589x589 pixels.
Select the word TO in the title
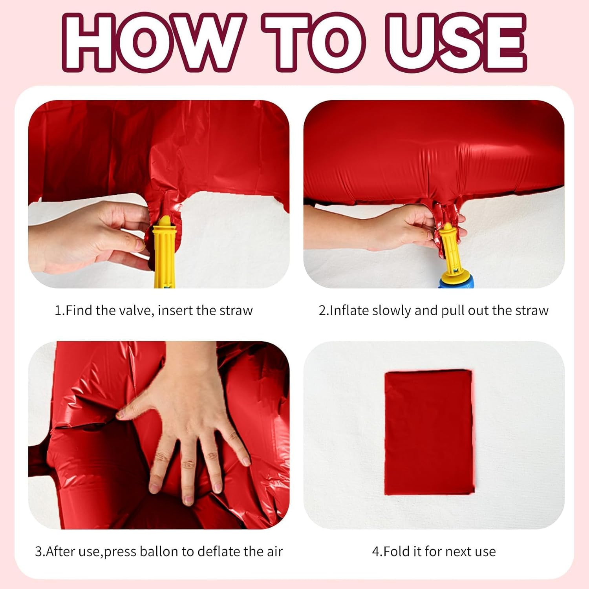coord(314,42)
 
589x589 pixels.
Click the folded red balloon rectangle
coord(429,432)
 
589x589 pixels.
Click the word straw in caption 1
coord(236,311)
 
